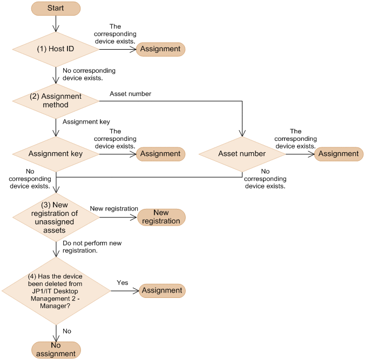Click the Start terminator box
[x=56, y=9]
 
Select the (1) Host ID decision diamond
[x=56, y=49]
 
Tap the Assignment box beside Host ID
[x=160, y=49]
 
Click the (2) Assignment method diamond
[x=56, y=100]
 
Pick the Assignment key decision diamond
[x=56, y=154]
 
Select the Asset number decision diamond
[x=242, y=154]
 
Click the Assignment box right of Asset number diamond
[x=339, y=154]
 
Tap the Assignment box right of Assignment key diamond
[x=160, y=154]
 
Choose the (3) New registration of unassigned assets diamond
[x=56, y=218]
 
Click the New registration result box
[x=161, y=217]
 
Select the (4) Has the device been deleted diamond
[x=56, y=290]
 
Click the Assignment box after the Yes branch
[x=162, y=290]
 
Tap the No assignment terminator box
[x=56, y=350]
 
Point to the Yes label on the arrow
[x=123, y=282]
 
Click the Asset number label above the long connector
[x=130, y=94]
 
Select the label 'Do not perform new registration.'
[x=92, y=247]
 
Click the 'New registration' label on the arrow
[x=114, y=209]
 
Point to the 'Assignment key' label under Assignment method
[x=86, y=122]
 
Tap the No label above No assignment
[x=67, y=331]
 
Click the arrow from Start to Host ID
[x=56, y=24]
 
